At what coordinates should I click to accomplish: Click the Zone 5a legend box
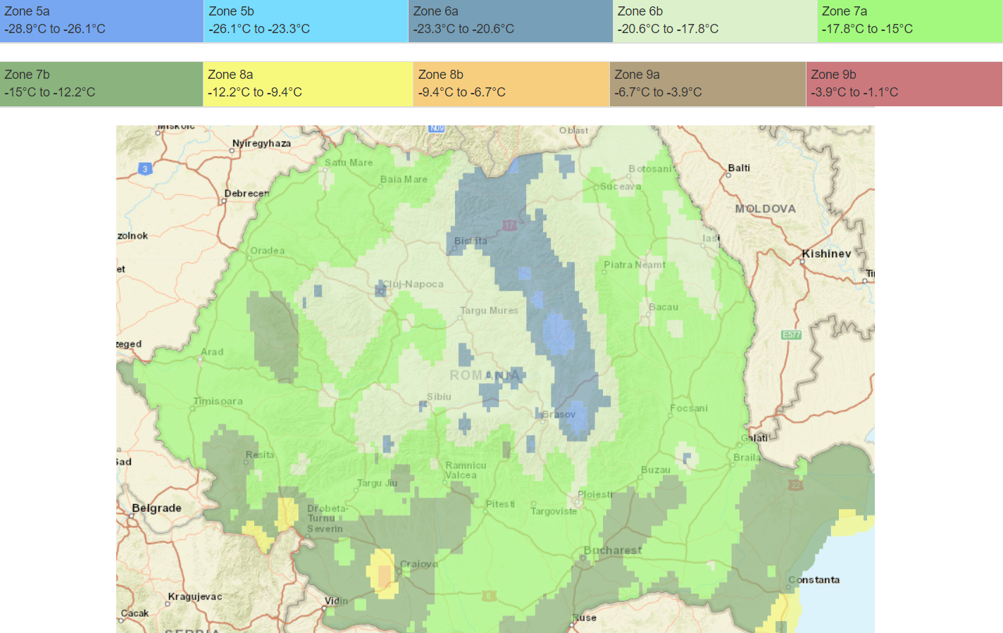click(x=101, y=20)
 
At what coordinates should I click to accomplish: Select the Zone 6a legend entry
click(x=510, y=20)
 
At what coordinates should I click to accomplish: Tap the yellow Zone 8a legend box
click(x=308, y=84)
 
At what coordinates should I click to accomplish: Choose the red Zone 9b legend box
click(x=904, y=84)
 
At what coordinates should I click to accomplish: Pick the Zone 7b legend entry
click(x=101, y=84)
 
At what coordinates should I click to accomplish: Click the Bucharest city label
click(x=612, y=550)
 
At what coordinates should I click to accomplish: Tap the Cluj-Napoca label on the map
click(x=413, y=284)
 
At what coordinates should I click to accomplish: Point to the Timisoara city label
click(x=218, y=401)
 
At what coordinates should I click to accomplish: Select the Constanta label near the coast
click(x=814, y=579)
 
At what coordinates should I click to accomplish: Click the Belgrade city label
click(x=156, y=508)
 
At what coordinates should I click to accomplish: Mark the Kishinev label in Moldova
click(x=826, y=253)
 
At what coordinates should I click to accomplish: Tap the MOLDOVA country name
click(x=765, y=208)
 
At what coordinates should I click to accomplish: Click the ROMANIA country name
click(x=485, y=375)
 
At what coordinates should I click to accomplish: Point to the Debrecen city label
click(x=247, y=193)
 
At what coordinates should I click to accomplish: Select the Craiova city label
click(x=419, y=564)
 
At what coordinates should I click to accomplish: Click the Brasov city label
click(x=559, y=414)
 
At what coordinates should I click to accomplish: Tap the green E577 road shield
click(x=791, y=334)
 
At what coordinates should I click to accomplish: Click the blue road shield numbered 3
click(x=144, y=169)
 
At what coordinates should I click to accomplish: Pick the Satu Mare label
click(x=349, y=162)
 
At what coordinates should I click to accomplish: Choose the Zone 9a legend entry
click(x=707, y=84)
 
